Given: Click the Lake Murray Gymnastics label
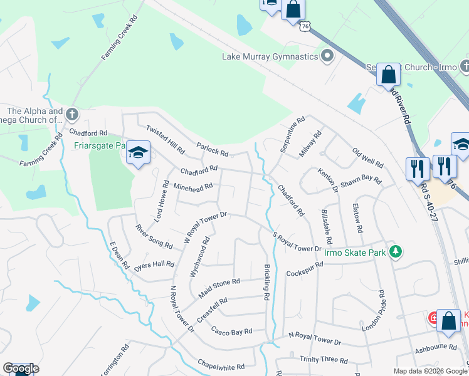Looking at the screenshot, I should point(270,56).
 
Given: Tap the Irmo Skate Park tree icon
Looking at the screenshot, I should point(394,251).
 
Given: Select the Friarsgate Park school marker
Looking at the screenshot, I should point(138,152).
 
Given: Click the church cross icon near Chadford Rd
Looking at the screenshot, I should point(71,115).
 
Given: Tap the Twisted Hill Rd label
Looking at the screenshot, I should point(166,139).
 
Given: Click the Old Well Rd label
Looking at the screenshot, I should point(367,158).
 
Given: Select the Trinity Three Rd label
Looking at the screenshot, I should point(324,360).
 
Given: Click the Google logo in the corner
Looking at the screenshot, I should point(20,368).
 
